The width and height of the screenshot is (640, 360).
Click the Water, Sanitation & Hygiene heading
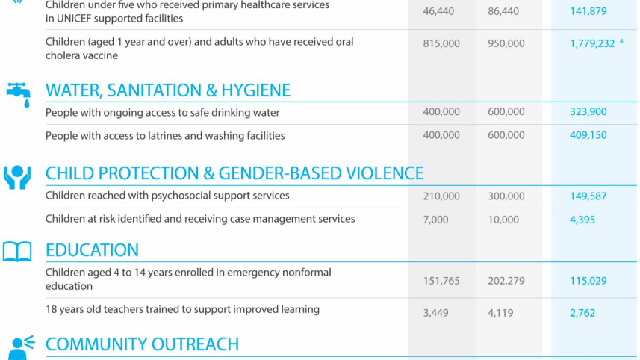pos(168,90)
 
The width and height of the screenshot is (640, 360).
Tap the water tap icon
pos(18,93)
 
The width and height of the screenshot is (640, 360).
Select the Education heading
pos(92,250)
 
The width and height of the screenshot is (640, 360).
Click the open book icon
pos(17,252)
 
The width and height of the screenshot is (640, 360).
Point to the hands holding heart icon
pos(17,176)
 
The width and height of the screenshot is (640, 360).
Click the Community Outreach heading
pos(142,344)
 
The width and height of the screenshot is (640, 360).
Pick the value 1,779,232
pos(592,44)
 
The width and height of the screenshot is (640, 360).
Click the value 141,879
pos(588,11)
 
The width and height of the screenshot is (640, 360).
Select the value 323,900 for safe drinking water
pos(588,112)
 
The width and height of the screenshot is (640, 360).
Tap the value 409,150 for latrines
pos(588,136)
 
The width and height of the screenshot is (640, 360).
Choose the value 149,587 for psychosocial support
pos(588,196)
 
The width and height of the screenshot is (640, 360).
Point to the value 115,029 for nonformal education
pos(588,282)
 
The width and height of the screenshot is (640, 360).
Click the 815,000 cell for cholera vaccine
pos(441,44)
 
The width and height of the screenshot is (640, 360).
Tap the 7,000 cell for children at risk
pos(435,220)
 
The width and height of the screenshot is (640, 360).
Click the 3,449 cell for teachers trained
pos(435,313)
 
